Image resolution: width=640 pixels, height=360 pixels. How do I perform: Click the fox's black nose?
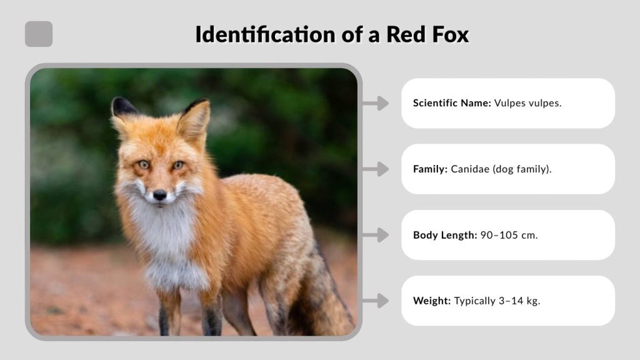pyautogui.click(x=159, y=195)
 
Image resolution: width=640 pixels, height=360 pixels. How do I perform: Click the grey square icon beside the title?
pyautogui.click(x=39, y=34)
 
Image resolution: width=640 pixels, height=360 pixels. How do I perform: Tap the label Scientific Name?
pyautogui.click(x=452, y=103)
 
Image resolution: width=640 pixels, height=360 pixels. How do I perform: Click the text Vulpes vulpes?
pyautogui.click(x=527, y=103)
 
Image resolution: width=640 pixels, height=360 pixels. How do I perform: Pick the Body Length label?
pyautogui.click(x=445, y=235)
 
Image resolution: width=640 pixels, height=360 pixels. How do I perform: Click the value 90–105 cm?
pyautogui.click(x=509, y=235)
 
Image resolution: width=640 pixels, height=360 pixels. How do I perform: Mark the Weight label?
pyautogui.click(x=432, y=301)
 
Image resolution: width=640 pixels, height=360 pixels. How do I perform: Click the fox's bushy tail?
pyautogui.click(x=325, y=300)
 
